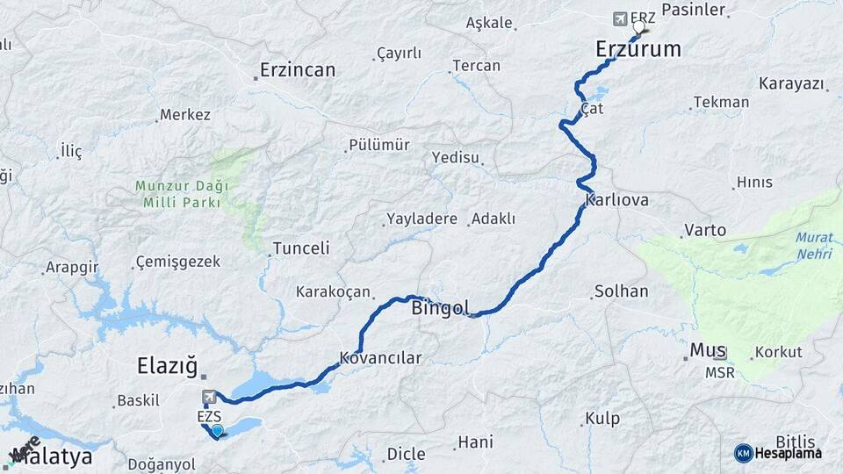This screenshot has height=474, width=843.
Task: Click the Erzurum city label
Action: [x=638, y=49]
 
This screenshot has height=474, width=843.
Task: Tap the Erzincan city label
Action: [x=298, y=70]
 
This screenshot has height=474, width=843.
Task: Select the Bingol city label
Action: [x=440, y=308]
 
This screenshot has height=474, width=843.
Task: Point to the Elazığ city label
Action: [x=167, y=364]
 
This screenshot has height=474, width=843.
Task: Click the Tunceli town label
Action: [x=301, y=248]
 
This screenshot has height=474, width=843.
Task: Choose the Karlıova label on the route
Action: [x=621, y=200]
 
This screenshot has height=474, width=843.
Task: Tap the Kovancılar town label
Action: [x=380, y=358]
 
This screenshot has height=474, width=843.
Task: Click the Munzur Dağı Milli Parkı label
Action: [x=182, y=194]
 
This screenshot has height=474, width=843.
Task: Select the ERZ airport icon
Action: [x=622, y=18]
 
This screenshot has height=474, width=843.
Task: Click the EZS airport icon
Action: [x=209, y=398]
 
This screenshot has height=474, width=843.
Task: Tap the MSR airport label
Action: [x=719, y=373]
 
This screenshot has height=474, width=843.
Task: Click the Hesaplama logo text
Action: [x=790, y=453]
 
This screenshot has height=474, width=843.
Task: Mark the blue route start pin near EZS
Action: [x=217, y=430]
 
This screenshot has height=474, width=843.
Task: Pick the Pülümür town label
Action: [x=378, y=145]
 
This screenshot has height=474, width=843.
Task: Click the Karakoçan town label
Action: [x=333, y=291]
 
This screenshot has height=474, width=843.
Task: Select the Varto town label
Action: [x=705, y=231]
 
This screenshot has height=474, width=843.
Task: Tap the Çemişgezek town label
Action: [x=178, y=262]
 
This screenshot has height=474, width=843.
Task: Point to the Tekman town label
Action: [x=721, y=102]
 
